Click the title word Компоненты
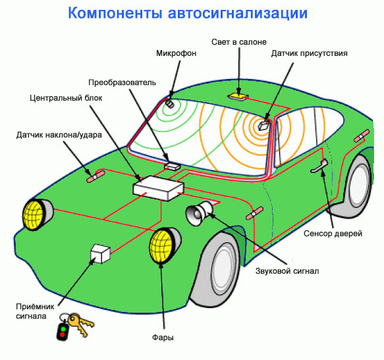115,13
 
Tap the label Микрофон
177,53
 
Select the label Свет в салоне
239,42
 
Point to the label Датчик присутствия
309,53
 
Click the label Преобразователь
122,82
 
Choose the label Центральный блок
66,98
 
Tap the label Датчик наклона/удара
59,135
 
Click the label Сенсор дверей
333,234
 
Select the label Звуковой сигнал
287,271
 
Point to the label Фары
163,338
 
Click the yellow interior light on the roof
238,96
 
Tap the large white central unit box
158,188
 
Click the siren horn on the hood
200,213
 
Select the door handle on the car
319,166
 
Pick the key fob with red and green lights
62,332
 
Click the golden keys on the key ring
80,324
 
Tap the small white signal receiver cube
100,253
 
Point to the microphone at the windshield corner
169,103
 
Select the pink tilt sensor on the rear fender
362,136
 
